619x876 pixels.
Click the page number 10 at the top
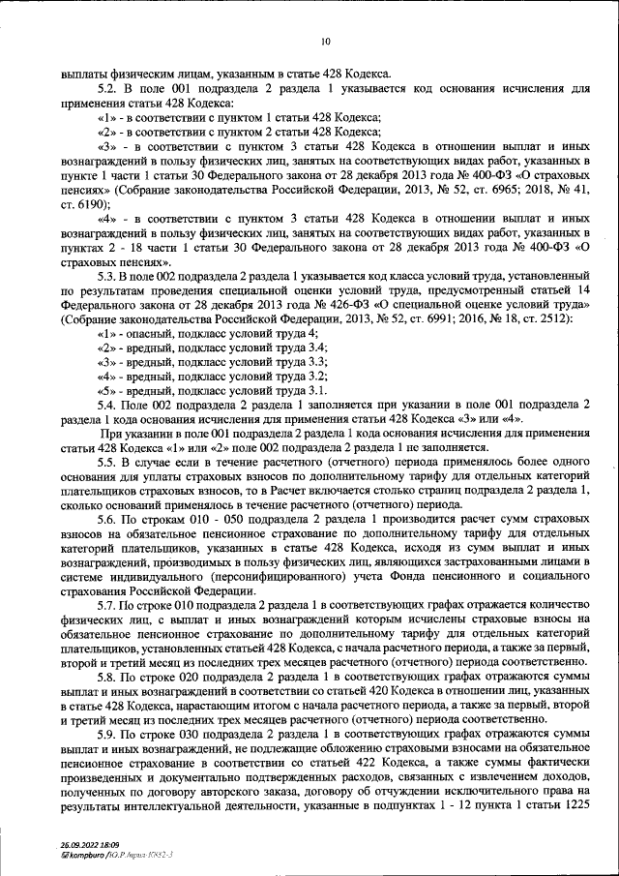[x=325, y=41]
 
